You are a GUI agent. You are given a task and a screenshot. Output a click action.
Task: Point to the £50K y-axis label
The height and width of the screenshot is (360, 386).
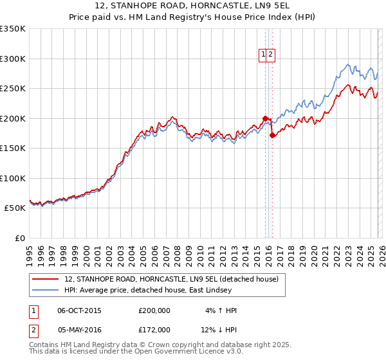click(x=15, y=208)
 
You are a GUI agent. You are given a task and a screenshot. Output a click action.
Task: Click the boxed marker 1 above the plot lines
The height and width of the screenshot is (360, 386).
click(x=264, y=55)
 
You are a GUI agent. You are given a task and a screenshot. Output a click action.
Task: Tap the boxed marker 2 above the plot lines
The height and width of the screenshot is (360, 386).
click(x=271, y=55)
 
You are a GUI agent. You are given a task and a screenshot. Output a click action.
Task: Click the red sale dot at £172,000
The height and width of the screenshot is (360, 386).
click(x=272, y=135)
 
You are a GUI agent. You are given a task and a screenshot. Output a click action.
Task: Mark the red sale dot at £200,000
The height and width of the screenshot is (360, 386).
click(x=265, y=118)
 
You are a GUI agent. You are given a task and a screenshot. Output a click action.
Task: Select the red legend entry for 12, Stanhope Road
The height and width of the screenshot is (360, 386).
click(x=170, y=279)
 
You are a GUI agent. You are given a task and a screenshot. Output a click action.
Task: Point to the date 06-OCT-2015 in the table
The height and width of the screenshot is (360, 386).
click(x=79, y=310)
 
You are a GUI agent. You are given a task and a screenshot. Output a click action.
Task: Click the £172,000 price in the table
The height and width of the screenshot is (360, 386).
click(x=154, y=329)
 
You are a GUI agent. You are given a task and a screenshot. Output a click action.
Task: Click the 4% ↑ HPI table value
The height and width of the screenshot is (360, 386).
click(x=221, y=310)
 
